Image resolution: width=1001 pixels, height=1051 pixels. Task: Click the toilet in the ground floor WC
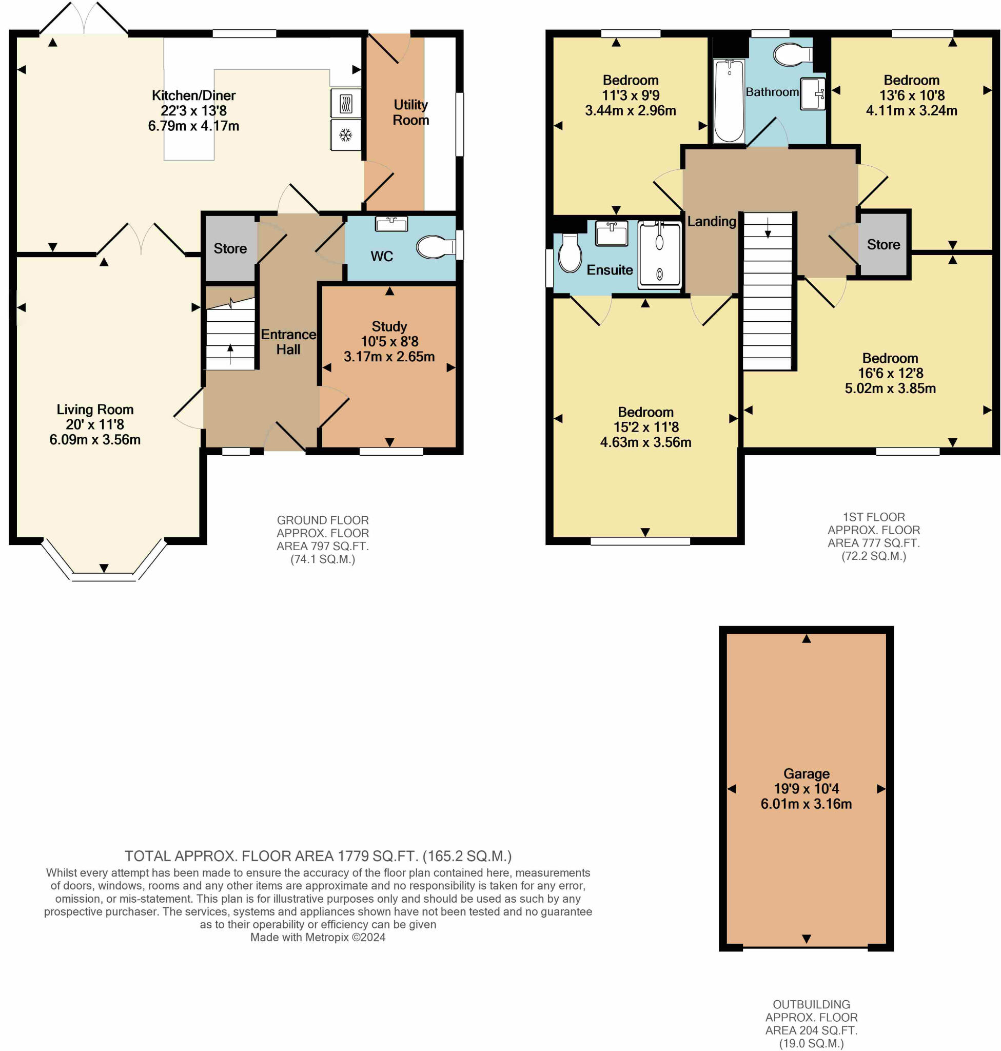click(435, 247)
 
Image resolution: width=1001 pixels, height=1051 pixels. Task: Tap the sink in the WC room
click(391, 224)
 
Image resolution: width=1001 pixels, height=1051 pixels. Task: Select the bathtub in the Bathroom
click(729, 102)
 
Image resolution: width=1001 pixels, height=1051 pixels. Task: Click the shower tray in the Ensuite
click(659, 255)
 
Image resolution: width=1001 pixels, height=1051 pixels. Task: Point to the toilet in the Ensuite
click(570, 254)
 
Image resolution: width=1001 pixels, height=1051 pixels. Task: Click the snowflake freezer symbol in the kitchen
click(346, 134)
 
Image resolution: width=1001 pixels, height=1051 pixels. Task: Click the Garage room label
click(806, 773)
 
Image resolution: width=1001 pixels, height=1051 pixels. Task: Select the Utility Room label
click(410, 112)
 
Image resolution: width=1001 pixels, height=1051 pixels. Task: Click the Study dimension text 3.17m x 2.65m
click(389, 357)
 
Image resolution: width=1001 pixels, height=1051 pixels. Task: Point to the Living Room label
click(95, 410)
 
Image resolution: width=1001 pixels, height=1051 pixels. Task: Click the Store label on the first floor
click(883, 244)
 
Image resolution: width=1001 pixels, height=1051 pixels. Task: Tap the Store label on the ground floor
click(230, 248)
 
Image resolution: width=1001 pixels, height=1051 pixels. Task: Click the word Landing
click(711, 221)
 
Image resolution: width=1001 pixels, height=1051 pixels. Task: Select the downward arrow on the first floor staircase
click(768, 228)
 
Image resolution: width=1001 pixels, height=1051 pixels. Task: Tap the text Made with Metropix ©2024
click(318, 937)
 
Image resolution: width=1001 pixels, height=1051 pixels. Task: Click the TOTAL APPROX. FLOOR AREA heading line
click(318, 856)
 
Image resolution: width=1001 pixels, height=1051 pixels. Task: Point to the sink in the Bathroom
click(812, 94)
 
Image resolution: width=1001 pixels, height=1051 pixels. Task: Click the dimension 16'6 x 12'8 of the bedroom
click(890, 373)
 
